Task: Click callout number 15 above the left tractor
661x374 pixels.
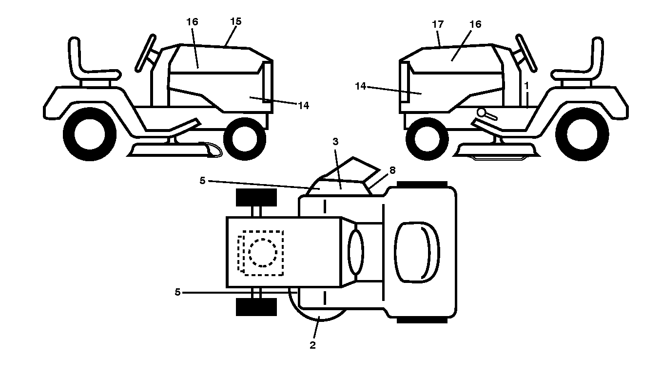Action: [236, 21]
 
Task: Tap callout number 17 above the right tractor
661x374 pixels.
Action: [438, 24]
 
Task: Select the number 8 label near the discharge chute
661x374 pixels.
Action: [392, 170]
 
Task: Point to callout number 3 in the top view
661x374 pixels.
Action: [335, 142]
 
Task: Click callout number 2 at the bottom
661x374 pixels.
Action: [312, 345]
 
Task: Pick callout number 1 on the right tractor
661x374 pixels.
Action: [526, 86]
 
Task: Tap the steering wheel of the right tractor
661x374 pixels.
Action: [526, 53]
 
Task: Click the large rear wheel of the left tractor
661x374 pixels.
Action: [90, 134]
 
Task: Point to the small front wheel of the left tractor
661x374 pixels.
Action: [245, 139]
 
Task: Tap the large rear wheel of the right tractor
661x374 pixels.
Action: [582, 134]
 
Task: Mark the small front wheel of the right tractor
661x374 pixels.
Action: [427, 139]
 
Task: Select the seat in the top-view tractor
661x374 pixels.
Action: [417, 252]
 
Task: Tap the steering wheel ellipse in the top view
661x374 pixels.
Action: [356, 252]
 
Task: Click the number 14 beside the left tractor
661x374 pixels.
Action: [303, 106]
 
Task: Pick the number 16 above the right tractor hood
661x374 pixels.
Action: [475, 24]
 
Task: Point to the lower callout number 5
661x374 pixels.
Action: [177, 292]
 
